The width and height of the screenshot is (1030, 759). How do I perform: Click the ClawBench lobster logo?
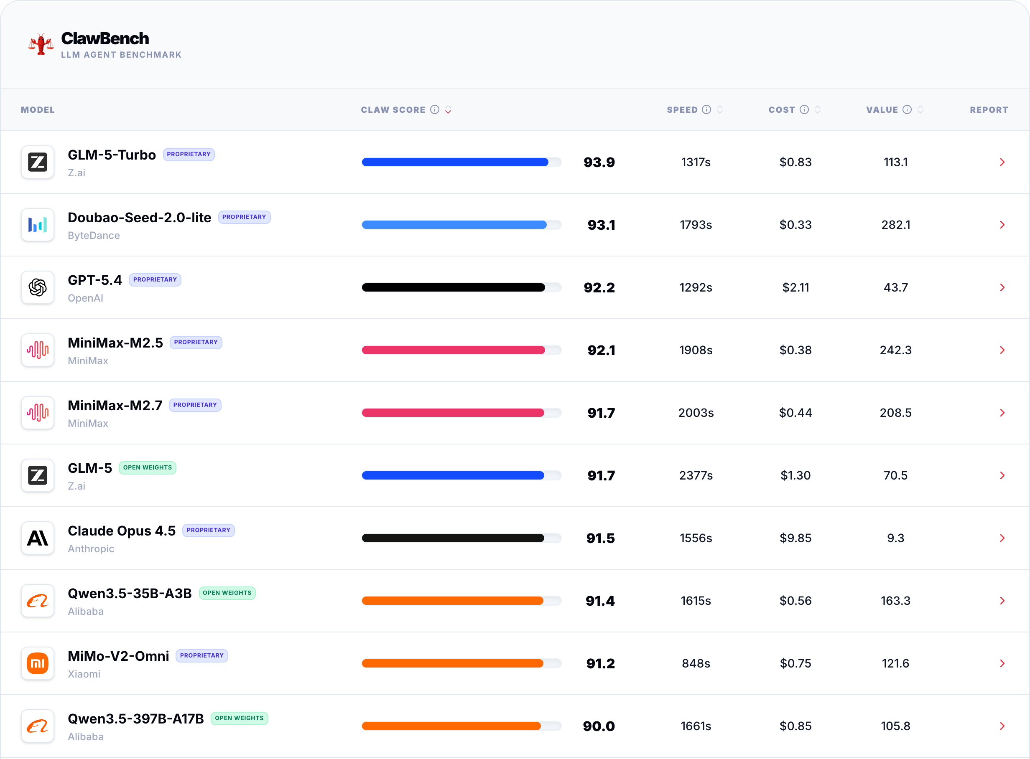click(41, 45)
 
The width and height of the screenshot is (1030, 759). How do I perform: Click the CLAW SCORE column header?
click(393, 110)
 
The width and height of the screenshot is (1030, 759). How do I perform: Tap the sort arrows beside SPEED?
click(720, 109)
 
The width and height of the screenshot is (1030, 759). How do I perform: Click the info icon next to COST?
click(804, 109)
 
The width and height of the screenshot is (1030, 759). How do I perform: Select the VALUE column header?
click(882, 110)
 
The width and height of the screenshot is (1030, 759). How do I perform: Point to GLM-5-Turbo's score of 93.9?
click(599, 162)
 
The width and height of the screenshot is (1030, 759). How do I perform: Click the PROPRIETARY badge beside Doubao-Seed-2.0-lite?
click(244, 217)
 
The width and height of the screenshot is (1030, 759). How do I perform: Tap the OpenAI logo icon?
click(38, 288)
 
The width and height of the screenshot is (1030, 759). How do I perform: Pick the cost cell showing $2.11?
click(795, 288)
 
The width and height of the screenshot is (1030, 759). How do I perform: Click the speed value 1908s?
click(696, 350)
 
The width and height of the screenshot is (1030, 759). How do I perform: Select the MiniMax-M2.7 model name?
click(115, 405)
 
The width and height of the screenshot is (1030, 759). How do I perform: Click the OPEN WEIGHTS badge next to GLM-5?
click(148, 468)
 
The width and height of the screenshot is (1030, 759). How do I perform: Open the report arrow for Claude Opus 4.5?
click(1002, 538)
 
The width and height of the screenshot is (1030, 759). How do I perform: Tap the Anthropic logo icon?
click(38, 538)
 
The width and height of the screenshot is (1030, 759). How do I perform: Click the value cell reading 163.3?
click(895, 601)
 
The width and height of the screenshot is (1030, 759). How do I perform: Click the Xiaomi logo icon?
click(38, 663)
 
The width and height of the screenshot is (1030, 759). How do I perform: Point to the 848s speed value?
click(696, 663)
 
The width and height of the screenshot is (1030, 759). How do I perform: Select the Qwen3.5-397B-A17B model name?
click(135, 718)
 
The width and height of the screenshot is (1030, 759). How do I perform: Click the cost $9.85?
click(795, 538)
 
